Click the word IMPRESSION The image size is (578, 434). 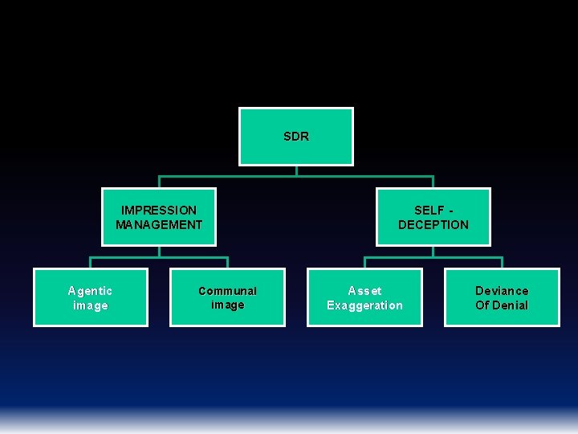(x=159, y=211)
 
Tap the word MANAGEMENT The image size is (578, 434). (x=159, y=225)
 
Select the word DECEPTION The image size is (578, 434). (x=433, y=225)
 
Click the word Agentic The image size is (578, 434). (x=90, y=291)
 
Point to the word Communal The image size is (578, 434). (x=227, y=291)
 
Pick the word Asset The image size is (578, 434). (x=364, y=291)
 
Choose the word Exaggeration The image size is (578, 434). (x=364, y=305)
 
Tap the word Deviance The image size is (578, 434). (x=502, y=291)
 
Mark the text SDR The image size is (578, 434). (x=296, y=137)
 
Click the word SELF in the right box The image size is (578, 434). (x=429, y=211)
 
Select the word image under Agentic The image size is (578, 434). (x=90, y=305)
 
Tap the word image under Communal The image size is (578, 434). (x=227, y=305)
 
